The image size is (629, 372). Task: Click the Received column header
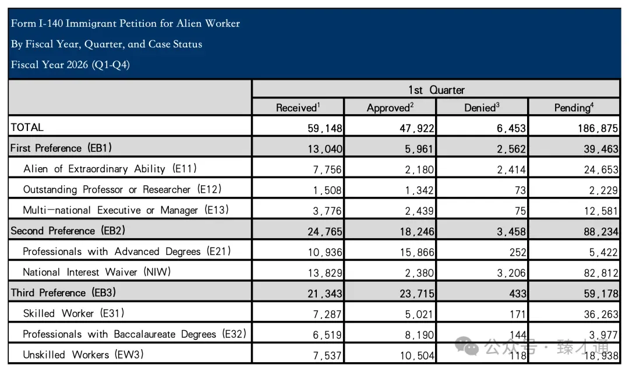click(298, 108)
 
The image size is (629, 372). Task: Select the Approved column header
click(390, 108)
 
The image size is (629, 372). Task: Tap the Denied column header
click(482, 108)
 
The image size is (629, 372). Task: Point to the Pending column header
click(574, 108)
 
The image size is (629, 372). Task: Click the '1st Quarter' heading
click(436, 90)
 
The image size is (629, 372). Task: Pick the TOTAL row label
click(27, 127)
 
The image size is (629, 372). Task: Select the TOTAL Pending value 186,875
click(598, 128)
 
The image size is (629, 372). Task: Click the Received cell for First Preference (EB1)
click(325, 149)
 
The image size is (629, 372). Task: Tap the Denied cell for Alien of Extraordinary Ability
click(511, 170)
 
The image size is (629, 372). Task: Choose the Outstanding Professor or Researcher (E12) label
click(122, 190)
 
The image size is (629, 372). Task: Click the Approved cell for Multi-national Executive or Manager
click(419, 211)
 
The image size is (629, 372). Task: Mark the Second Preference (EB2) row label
click(68, 231)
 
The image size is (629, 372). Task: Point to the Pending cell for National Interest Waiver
click(601, 273)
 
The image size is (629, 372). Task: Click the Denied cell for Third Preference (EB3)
click(518, 294)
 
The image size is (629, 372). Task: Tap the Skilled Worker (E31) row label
click(73, 313)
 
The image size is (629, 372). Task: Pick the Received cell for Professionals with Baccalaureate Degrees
click(327, 335)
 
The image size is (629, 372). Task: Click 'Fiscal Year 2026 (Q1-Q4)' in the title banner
click(70, 65)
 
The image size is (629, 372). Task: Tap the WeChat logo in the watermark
click(467, 346)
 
